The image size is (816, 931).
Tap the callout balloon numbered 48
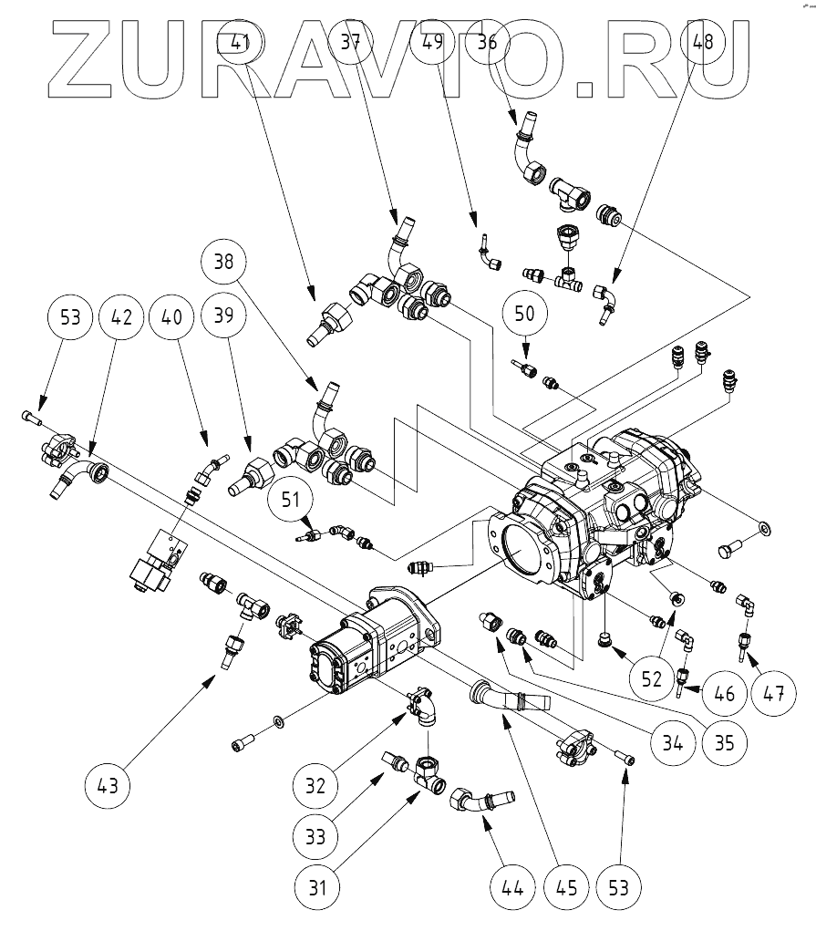tap(703, 42)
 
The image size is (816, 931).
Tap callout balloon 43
tap(108, 785)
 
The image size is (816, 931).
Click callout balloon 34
tap(672, 742)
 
